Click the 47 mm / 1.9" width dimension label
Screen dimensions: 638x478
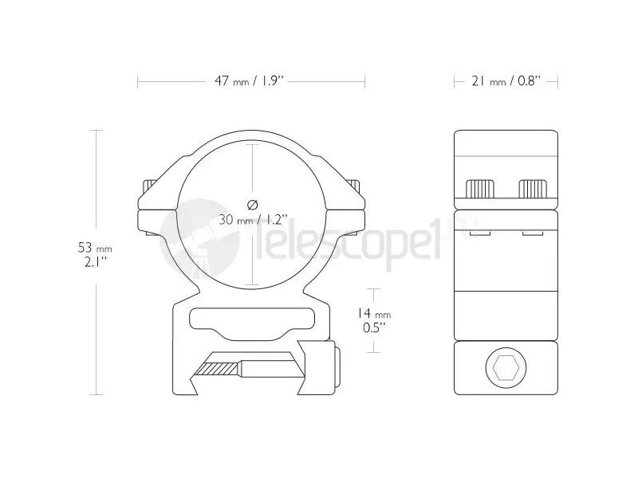[249, 81]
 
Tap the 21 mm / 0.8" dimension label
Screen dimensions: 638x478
[506, 81]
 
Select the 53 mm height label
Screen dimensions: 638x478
[95, 248]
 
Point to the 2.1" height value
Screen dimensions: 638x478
[95, 262]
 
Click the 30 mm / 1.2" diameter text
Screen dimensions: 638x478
[253, 220]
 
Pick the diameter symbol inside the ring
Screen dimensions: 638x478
[253, 205]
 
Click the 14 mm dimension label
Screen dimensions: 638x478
[374, 313]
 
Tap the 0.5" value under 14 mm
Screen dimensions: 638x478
[374, 327]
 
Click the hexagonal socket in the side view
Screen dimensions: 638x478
[506, 368]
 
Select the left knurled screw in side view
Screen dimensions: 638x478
[480, 189]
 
